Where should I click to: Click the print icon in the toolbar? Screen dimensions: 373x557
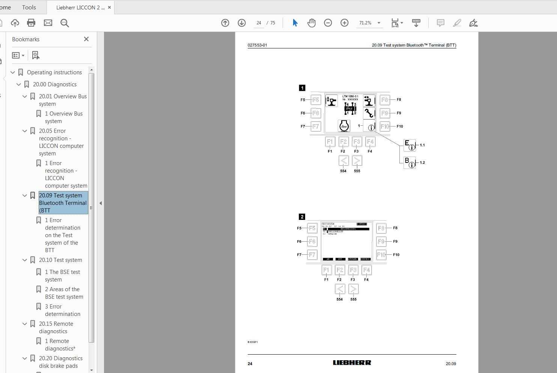[31, 23]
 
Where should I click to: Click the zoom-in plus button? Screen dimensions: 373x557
[344, 23]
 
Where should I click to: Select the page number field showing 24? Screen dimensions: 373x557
[259, 23]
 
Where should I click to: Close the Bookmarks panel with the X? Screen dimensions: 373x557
[86, 39]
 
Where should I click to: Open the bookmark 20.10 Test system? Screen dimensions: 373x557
[60, 260]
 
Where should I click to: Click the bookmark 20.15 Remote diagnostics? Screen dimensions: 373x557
[56, 327]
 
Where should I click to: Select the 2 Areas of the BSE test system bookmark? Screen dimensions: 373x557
[64, 293]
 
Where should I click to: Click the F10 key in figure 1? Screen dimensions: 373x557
[385, 126]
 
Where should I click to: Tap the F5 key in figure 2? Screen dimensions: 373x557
[312, 228]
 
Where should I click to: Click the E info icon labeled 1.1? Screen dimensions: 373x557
[409, 145]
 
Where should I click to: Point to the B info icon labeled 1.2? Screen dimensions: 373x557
[409, 162]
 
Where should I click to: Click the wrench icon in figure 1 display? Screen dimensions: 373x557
[369, 113]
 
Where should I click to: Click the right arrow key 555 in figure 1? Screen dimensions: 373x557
[357, 161]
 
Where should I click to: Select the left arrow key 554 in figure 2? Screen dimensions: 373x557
[340, 289]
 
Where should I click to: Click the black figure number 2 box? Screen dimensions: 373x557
[302, 217]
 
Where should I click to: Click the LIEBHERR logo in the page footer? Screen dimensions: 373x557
[352, 362]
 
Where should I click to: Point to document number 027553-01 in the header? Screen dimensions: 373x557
[257, 45]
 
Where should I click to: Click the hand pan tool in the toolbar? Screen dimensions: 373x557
[312, 23]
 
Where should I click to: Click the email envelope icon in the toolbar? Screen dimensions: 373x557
[48, 23]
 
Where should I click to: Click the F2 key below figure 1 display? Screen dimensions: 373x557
[343, 141]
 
